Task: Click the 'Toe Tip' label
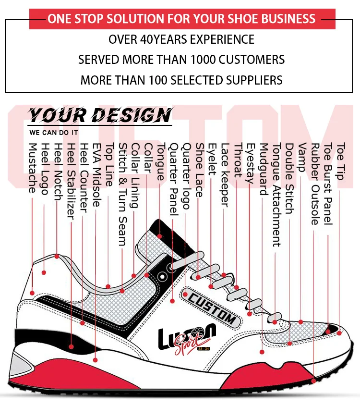point(340,161)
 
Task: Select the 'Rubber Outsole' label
point(315,184)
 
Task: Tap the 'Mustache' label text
point(33,168)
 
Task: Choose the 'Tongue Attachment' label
point(276,195)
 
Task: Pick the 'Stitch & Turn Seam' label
point(123,195)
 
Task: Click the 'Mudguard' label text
point(263,169)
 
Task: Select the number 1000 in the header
point(210,60)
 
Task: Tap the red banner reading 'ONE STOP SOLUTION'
point(181,19)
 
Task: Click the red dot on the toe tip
point(339,332)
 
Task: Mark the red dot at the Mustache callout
point(32,292)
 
